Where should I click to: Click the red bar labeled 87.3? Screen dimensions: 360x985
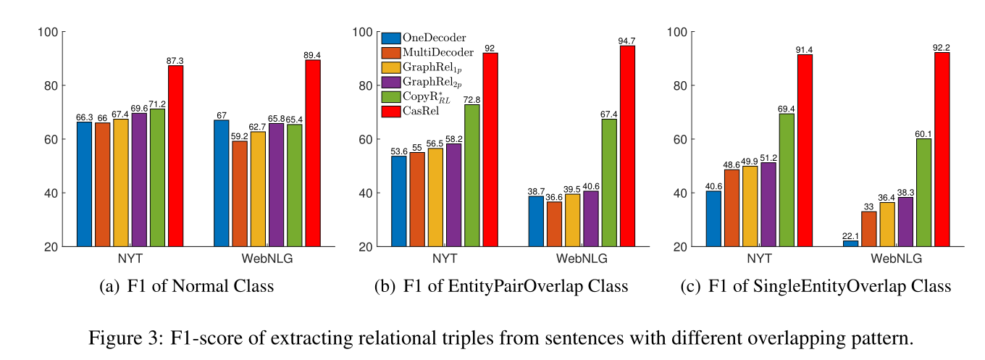pyautogui.click(x=175, y=156)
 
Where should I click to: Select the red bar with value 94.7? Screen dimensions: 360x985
pyautogui.click(x=627, y=146)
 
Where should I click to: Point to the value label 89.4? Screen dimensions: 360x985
pyautogui.click(x=313, y=54)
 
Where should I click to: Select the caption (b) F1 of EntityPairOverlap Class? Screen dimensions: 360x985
pyautogui.click(x=500, y=287)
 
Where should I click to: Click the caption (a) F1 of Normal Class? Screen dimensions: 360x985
pyautogui.click(x=186, y=287)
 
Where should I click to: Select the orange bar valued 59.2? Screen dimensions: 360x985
pyautogui.click(x=240, y=193)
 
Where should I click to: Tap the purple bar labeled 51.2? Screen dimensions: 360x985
pyautogui.click(x=768, y=204)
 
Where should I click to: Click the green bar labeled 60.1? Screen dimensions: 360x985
pyautogui.click(x=923, y=192)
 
